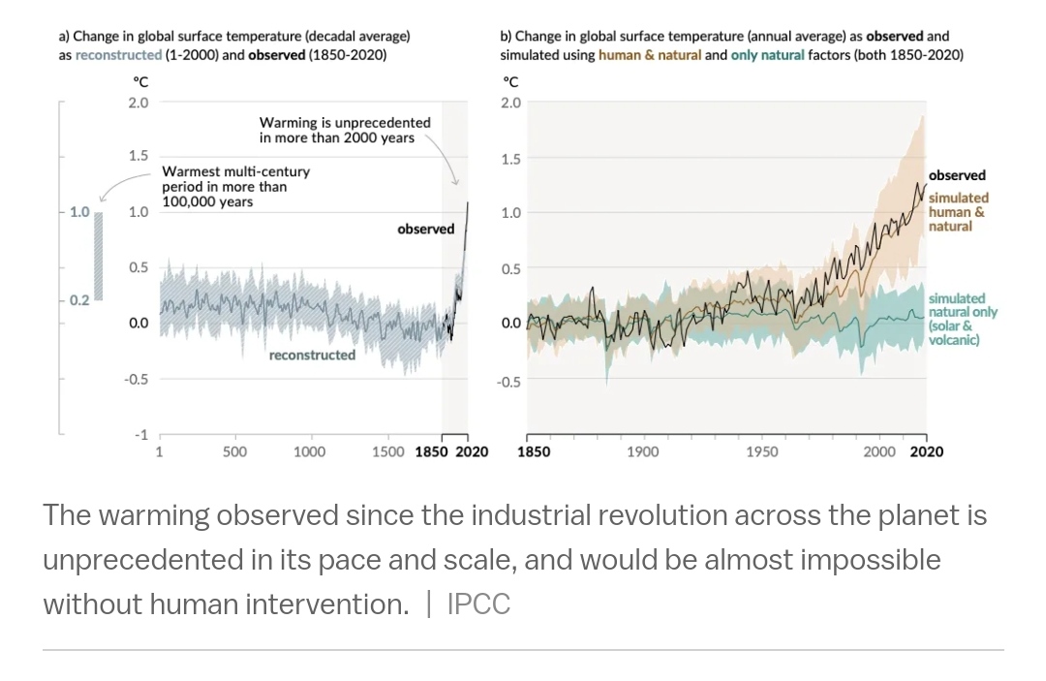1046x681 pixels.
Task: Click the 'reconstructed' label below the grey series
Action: (x=312, y=356)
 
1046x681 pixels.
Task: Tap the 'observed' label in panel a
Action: (x=425, y=230)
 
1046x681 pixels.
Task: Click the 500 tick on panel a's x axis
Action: (x=234, y=451)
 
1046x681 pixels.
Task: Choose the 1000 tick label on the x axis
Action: (x=309, y=451)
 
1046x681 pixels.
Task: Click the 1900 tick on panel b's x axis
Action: (x=642, y=451)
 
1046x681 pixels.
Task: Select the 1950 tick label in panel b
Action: (x=761, y=451)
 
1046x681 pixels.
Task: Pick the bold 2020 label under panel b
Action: (x=926, y=451)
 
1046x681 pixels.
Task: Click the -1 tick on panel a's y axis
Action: (x=141, y=435)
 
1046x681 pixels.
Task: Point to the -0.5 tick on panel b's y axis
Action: (x=508, y=383)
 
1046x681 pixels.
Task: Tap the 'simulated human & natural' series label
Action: (x=958, y=212)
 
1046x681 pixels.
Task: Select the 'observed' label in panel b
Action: (x=957, y=175)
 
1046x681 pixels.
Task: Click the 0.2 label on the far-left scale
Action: (x=78, y=300)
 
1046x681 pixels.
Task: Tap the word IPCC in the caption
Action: (x=478, y=604)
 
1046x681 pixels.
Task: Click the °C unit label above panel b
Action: (x=511, y=82)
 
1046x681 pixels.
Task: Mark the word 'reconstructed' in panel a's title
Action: (x=118, y=55)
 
